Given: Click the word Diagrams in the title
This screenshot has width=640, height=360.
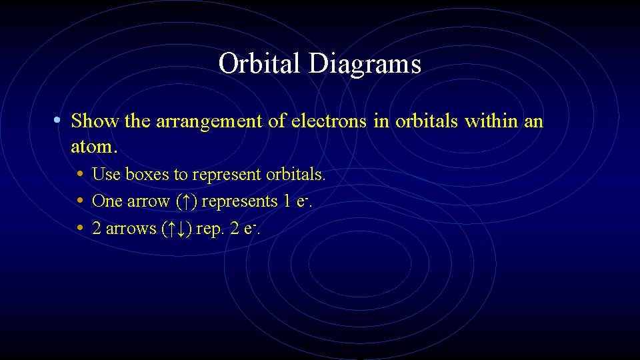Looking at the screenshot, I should click(x=365, y=65).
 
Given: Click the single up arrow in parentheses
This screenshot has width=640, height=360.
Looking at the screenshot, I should click(x=190, y=201).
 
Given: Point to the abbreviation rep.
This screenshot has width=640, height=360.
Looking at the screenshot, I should click(x=211, y=229).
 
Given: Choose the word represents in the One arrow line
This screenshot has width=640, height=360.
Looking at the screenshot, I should click(x=241, y=201).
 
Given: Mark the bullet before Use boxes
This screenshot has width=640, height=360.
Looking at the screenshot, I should click(x=80, y=175).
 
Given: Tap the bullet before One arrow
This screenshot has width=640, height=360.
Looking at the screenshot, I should click(x=80, y=201).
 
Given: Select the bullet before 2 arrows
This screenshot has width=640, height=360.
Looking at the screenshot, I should click(x=80, y=229).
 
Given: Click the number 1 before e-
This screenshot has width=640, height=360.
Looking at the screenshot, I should click(x=287, y=201).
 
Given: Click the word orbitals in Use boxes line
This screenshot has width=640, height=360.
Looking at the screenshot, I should click(x=295, y=175).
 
